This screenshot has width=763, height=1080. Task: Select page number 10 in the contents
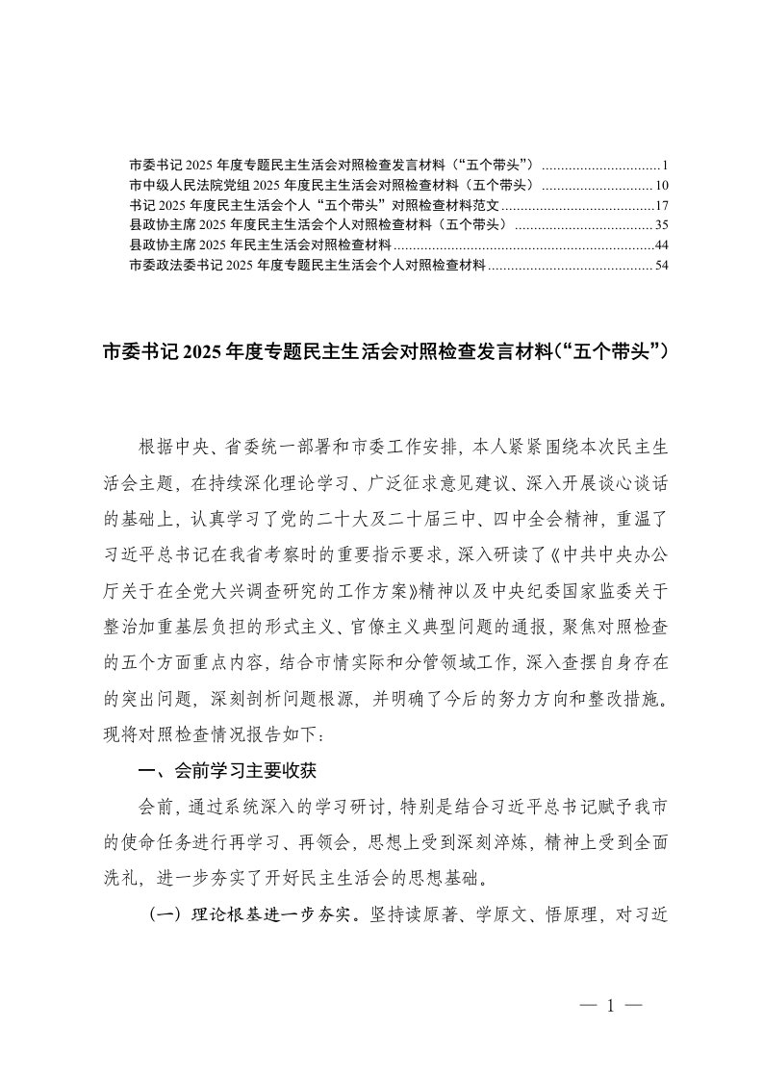click(x=662, y=185)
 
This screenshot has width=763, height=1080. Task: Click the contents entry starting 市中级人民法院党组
click(x=337, y=185)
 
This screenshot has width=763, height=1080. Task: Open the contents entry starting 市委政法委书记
click(x=308, y=266)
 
